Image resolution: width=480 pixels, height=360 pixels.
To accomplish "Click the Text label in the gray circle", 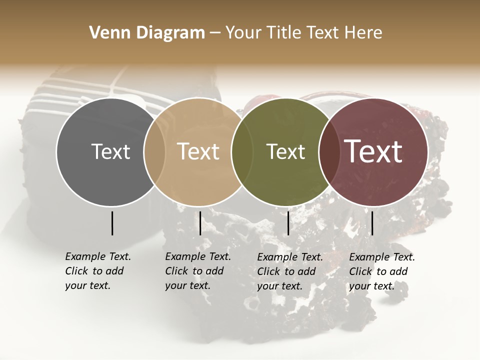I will tap(110, 151).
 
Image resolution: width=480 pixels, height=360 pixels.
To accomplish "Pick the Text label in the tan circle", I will tap(198, 151).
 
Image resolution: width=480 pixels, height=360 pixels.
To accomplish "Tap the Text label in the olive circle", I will tap(286, 151).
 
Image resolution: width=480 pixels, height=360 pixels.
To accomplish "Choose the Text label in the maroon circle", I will tap(373, 151).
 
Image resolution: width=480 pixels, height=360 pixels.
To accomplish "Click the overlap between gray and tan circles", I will tap(154, 152).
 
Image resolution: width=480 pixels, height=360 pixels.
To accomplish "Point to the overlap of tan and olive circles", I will tap(242, 152).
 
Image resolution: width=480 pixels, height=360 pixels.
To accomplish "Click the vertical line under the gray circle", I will tap(112, 223).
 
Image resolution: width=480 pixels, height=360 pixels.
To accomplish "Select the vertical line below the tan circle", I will tap(200, 223).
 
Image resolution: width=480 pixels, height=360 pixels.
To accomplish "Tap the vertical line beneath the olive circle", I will tap(288, 223).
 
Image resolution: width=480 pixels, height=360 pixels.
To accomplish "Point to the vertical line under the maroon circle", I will tap(372, 223).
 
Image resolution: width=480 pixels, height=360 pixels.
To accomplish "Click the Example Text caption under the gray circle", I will tap(98, 271).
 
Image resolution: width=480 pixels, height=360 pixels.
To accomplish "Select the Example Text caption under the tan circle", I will tap(198, 271).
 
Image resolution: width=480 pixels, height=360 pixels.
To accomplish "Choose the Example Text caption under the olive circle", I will tap(290, 271).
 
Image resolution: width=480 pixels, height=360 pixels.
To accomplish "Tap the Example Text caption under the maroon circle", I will tap(382, 271).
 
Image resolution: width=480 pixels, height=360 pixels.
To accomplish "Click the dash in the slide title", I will tap(215, 33).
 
